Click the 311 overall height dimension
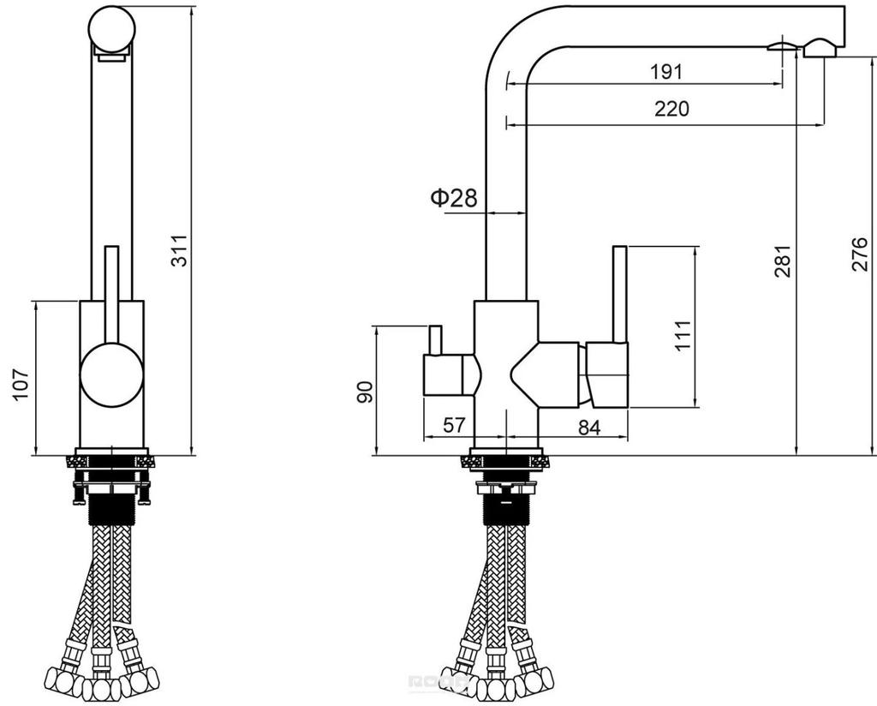(x=180, y=250)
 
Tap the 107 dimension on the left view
(x=21, y=385)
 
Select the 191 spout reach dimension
(x=666, y=72)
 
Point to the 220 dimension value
(x=671, y=109)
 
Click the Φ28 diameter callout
(x=454, y=197)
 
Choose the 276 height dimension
(x=860, y=254)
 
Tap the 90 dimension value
(x=365, y=392)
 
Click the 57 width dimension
(x=454, y=425)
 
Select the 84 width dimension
(x=589, y=428)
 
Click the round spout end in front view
(x=112, y=29)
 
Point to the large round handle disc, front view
(x=112, y=374)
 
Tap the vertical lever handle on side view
(x=620, y=294)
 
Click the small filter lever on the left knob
(x=435, y=339)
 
